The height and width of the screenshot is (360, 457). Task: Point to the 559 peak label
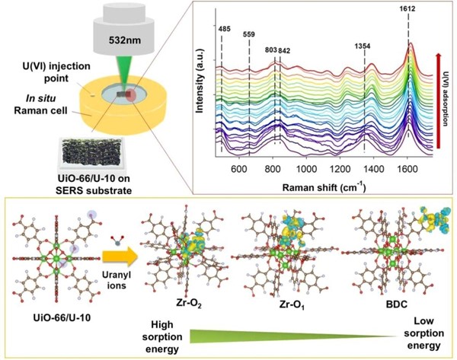(x=250, y=34)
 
